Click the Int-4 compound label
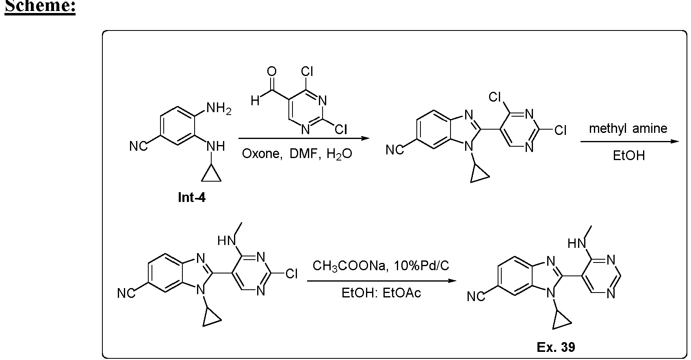[192, 197]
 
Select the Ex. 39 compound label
[556, 347]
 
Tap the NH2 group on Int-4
[219, 108]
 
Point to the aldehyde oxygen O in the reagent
[271, 72]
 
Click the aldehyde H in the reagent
[255, 101]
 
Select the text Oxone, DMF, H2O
[297, 154]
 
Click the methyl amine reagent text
[628, 128]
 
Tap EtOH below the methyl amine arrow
[629, 156]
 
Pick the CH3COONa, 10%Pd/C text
[381, 266]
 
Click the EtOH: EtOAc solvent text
[381, 293]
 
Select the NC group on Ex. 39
[475, 297]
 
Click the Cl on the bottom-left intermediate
[291, 273]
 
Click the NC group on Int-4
[138, 146]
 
